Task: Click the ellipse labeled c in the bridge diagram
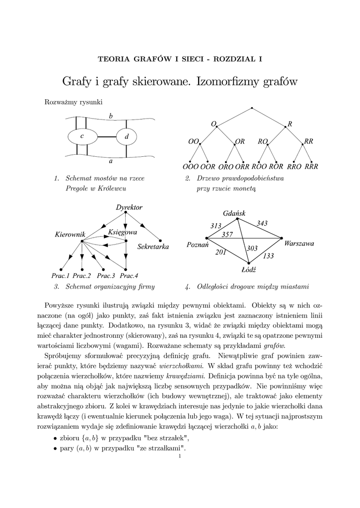(x=82, y=136)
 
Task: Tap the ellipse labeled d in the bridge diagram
(x=127, y=136)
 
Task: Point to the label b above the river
(x=111, y=116)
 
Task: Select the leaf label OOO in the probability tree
(x=191, y=167)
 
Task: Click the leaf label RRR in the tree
(x=311, y=167)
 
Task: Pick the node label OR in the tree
(x=240, y=141)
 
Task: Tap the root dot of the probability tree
(x=252, y=108)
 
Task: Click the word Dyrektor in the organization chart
(x=129, y=207)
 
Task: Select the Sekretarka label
(x=153, y=247)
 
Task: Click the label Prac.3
(x=106, y=275)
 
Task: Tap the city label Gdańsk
(x=234, y=213)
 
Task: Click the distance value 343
(x=262, y=224)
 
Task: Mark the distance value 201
(x=220, y=253)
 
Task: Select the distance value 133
(x=269, y=256)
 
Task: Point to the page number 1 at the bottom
(x=180, y=457)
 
